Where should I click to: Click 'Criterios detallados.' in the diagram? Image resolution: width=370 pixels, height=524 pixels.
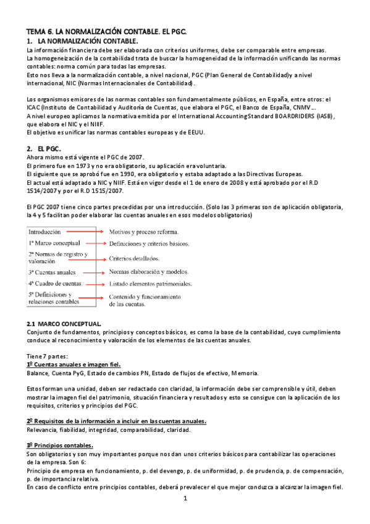pos(135,258)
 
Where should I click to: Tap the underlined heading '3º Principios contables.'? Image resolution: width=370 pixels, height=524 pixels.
pos(60,446)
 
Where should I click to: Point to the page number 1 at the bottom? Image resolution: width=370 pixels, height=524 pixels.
pos(185,498)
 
